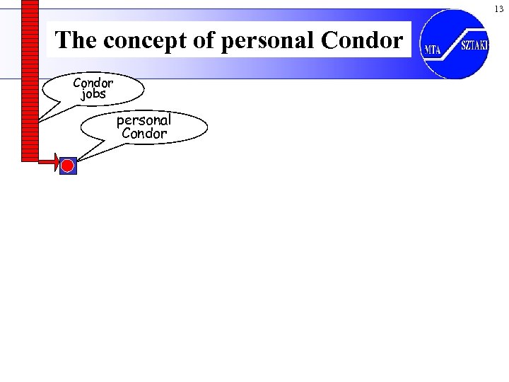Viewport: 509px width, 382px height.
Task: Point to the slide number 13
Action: (498, 8)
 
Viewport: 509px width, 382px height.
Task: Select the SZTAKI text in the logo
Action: (474, 45)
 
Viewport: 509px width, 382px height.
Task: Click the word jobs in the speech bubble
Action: (93, 94)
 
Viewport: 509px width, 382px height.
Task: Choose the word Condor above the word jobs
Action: (93, 83)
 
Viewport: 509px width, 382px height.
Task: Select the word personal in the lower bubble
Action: (144, 120)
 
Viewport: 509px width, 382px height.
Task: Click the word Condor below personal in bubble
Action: (144, 133)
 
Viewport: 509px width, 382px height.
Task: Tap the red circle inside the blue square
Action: (67, 166)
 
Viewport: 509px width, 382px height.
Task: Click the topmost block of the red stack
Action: (30, 3)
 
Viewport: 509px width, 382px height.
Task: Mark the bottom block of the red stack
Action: (30, 157)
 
